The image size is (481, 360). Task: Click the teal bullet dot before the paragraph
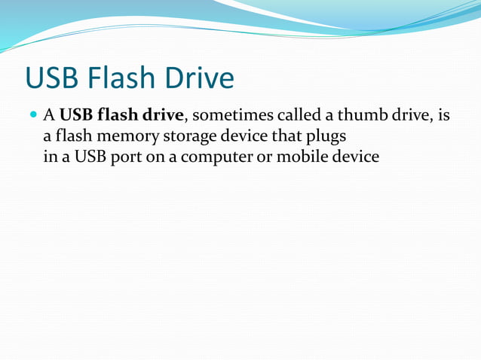(x=32, y=116)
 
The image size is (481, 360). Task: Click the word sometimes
(x=226, y=116)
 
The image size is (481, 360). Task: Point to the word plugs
(x=326, y=138)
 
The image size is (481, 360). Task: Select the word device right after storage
(x=240, y=138)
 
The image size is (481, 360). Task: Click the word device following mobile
(x=356, y=159)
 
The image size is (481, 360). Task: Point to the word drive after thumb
(x=409, y=116)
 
